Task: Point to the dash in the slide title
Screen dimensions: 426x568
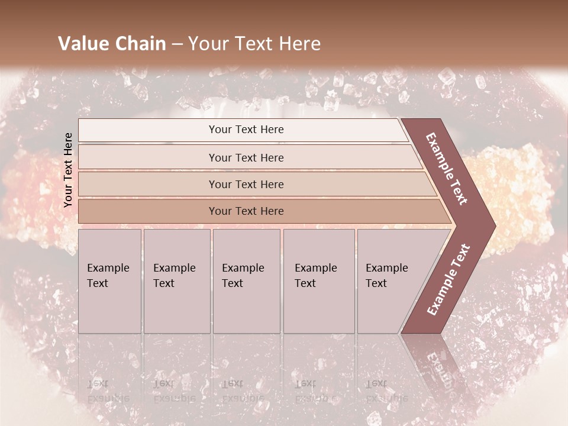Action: point(177,44)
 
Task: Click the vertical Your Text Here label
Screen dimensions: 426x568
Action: point(68,170)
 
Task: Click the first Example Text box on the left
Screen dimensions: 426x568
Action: point(109,281)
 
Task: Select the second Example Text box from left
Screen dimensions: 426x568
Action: point(177,281)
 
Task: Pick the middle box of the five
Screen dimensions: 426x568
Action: point(246,281)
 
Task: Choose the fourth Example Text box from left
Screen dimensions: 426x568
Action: point(319,281)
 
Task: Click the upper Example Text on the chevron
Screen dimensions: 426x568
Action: point(447,169)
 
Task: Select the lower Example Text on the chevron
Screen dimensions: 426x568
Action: point(448,279)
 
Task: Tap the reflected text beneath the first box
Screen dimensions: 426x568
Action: point(106,391)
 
